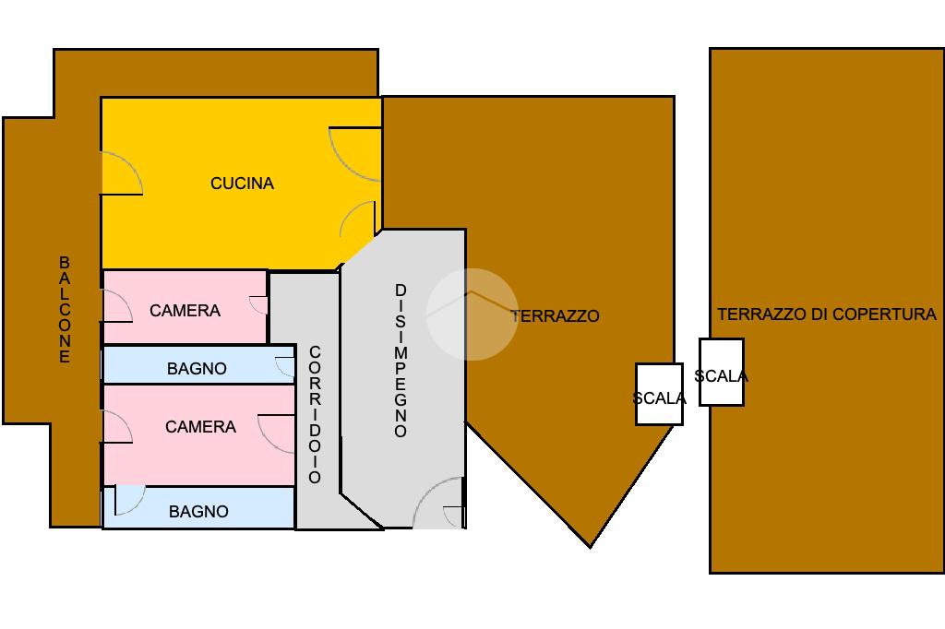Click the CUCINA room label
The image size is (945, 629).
[x=242, y=184]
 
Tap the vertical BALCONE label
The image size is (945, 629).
[x=65, y=310]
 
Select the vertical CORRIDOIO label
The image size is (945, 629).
[x=315, y=414]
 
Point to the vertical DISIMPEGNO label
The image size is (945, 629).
[x=401, y=361]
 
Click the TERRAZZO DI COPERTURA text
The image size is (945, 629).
[x=826, y=314]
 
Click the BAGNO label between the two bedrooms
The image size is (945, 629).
[x=197, y=369]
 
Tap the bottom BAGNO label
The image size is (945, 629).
[x=198, y=511]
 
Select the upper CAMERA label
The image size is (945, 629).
[x=185, y=311]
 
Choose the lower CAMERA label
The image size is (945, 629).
[x=200, y=427]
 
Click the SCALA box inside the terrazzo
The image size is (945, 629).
[x=659, y=395]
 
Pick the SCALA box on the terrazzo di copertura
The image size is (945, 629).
[x=721, y=373]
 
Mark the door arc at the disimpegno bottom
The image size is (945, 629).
[x=437, y=503]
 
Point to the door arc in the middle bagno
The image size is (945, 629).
[x=285, y=366]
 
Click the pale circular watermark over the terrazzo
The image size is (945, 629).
[x=472, y=314]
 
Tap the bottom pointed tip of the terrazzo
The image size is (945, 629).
[x=591, y=544]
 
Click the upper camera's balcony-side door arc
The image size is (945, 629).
[x=115, y=305]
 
